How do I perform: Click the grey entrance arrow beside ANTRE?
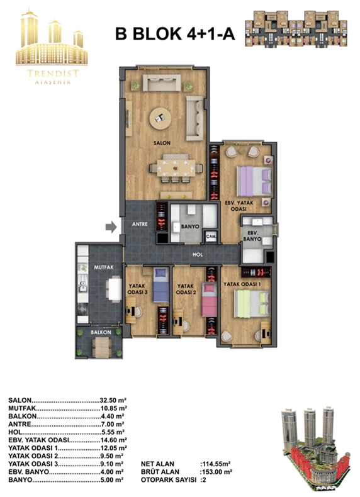[x=111, y=226]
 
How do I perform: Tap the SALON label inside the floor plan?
[x=162, y=143]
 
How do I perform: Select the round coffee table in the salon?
[x=160, y=118]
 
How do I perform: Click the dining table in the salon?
[x=176, y=168]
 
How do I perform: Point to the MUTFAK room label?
[x=104, y=267]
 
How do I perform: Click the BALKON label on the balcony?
[x=101, y=332]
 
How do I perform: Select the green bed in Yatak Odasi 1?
[x=252, y=304]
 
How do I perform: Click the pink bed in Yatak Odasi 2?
[x=210, y=299]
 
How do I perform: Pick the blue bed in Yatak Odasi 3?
[x=161, y=285]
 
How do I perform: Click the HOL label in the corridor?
[x=198, y=254]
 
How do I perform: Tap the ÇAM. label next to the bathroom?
[x=211, y=236]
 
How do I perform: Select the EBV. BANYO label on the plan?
[x=252, y=235]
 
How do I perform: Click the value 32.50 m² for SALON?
[x=113, y=400]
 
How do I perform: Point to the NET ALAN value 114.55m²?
[x=215, y=464]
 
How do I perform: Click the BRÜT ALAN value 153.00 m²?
[x=216, y=472]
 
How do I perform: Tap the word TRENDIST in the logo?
[x=53, y=73]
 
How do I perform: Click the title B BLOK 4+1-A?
[x=175, y=34]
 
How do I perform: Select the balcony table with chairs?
[x=101, y=347]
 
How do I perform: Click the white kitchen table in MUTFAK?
[x=115, y=289]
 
